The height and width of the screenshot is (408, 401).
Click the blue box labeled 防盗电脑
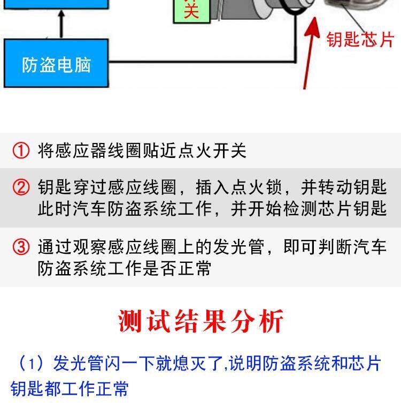(x=56, y=64)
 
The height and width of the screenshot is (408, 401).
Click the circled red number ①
(x=21, y=150)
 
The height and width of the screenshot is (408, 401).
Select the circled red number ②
(x=21, y=187)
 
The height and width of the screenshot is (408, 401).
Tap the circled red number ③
(x=21, y=247)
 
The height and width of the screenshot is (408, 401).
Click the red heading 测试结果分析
(x=200, y=321)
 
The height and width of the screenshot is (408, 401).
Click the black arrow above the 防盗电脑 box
(x=61, y=25)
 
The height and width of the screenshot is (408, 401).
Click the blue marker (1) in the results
(x=30, y=364)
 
